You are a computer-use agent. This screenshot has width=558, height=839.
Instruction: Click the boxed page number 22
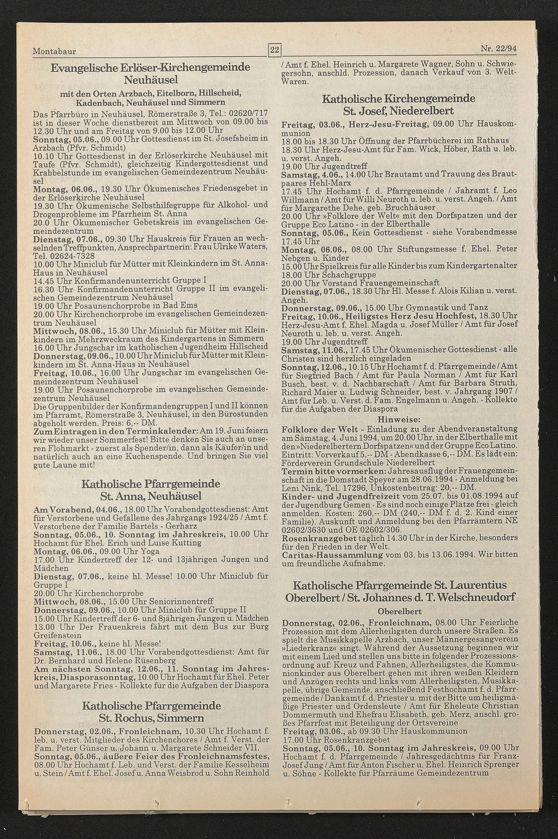coord(274,50)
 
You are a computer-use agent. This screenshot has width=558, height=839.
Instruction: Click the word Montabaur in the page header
coord(54,52)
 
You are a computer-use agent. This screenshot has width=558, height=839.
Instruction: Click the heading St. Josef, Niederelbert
coord(399,111)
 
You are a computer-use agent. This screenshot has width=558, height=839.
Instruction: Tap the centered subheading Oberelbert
coord(399,611)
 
